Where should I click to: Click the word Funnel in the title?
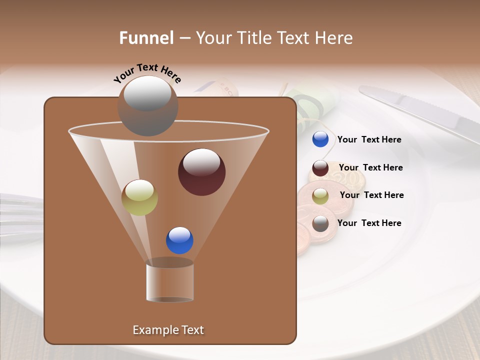[146, 38]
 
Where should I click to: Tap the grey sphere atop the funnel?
[147, 106]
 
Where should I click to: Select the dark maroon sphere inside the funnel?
[201, 172]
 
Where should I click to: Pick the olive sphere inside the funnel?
[139, 197]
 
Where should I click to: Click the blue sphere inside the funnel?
[179, 240]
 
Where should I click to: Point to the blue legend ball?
[320, 139]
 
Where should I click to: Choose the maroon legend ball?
[320, 168]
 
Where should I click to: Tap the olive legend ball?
[320, 195]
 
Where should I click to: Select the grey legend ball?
[320, 223]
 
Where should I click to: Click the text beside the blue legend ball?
[369, 140]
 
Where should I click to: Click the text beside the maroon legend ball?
[370, 168]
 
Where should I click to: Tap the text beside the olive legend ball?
[371, 195]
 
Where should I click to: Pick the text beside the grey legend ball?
[369, 223]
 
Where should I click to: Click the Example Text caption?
[168, 330]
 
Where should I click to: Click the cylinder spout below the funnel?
[169, 281]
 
